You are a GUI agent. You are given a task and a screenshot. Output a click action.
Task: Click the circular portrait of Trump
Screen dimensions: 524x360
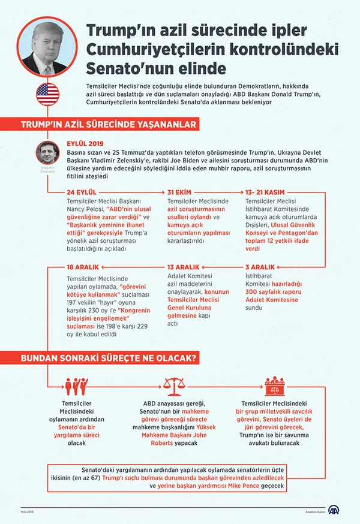pyautogui.click(x=49, y=47)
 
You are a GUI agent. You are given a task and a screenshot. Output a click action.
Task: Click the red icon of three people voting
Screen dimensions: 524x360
pyautogui.click(x=76, y=385)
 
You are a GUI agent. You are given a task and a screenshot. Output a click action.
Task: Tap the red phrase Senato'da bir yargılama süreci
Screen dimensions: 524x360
pyautogui.click(x=76, y=426)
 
